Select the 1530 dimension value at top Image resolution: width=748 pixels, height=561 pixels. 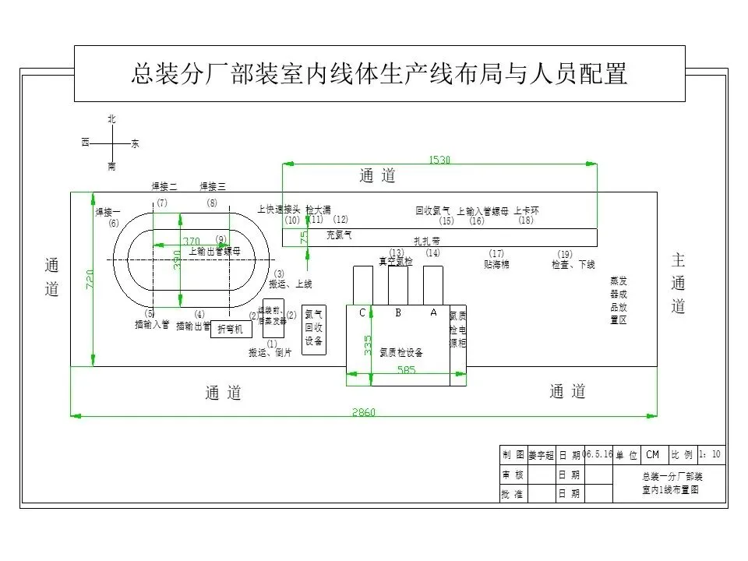pyautogui.click(x=440, y=160)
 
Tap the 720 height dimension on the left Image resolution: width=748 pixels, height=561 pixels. pyautogui.click(x=90, y=280)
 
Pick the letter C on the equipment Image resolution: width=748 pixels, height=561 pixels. pyautogui.click(x=362, y=312)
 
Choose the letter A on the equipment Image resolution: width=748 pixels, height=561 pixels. pyautogui.click(x=433, y=312)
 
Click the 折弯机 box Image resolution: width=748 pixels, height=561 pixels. pyautogui.click(x=231, y=330)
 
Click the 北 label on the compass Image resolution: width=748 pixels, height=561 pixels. pyautogui.click(x=111, y=118)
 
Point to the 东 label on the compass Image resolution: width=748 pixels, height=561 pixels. pyautogui.click(x=135, y=144)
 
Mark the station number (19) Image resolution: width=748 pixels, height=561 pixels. pyautogui.click(x=565, y=254)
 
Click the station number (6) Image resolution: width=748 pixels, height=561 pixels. pyautogui.click(x=114, y=224)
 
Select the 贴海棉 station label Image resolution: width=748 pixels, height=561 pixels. pyautogui.click(x=496, y=265)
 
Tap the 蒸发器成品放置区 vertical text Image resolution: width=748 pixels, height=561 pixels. pyautogui.click(x=619, y=300)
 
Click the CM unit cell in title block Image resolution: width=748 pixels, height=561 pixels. pyautogui.click(x=652, y=454)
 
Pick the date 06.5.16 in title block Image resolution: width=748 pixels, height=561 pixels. pyautogui.click(x=597, y=454)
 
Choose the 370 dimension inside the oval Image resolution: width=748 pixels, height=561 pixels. pyautogui.click(x=192, y=241)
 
